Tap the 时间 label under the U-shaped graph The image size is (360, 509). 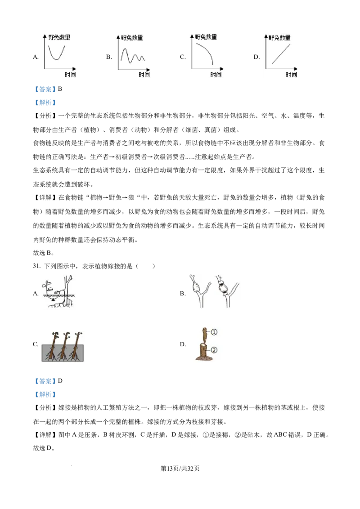point(70,75)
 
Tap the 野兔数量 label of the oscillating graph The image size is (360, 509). point(132,38)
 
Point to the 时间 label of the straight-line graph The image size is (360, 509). point(291,75)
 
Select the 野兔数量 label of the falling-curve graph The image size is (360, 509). point(206,37)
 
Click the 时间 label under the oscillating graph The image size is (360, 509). point(144,75)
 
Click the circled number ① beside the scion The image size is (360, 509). point(214,332)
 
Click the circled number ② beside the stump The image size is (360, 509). point(214,349)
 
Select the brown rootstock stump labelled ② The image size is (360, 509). point(203,352)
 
